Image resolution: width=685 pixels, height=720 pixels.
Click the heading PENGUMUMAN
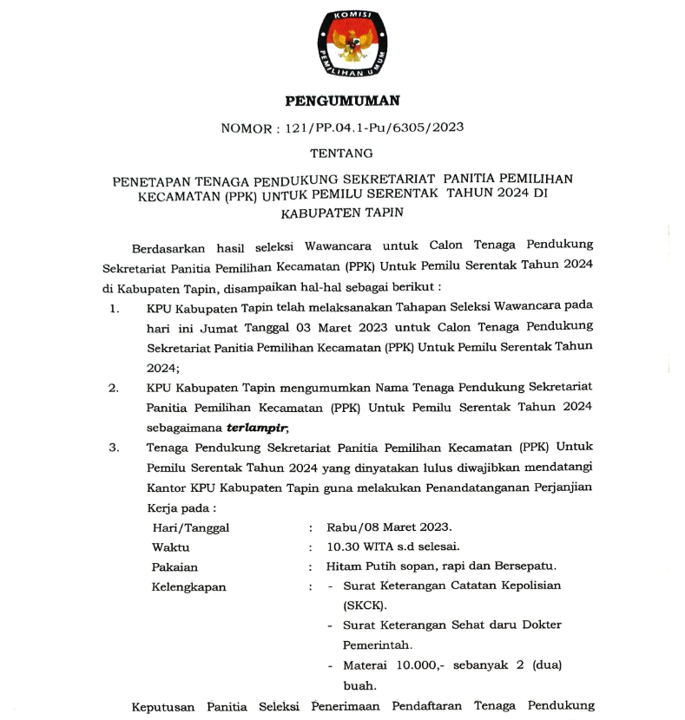[342, 101]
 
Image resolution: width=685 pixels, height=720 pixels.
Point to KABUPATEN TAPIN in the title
[342, 211]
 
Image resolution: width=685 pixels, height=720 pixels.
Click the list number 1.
[115, 307]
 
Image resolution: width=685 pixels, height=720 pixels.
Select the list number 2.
[114, 387]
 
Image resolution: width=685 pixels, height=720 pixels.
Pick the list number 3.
[114, 448]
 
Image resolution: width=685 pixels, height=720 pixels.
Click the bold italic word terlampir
[257, 428]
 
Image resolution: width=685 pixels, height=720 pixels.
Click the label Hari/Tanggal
[191, 527]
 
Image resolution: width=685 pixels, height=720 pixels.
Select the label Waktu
[171, 547]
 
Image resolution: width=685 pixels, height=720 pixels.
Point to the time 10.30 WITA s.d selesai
[392, 547]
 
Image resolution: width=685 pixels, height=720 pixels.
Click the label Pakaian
[175, 567]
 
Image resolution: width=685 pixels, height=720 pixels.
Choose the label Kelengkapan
[188, 586]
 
